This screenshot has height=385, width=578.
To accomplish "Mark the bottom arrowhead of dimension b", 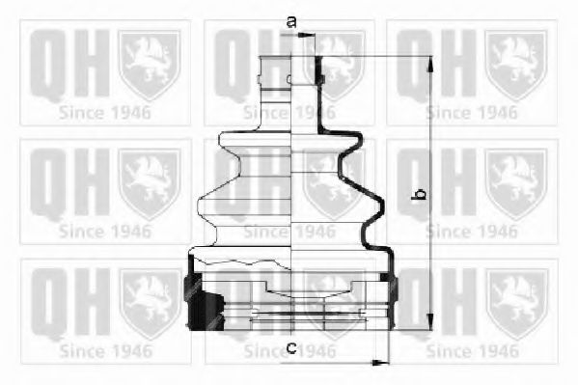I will (428, 328).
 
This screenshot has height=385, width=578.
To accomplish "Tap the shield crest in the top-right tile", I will (516, 63).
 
